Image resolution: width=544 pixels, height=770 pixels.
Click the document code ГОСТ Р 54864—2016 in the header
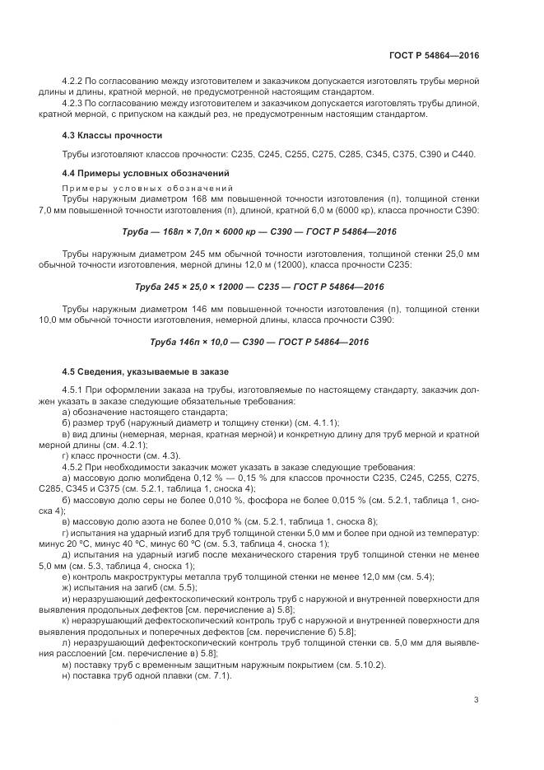click(x=435, y=54)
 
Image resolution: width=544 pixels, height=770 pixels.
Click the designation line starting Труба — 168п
click(x=259, y=232)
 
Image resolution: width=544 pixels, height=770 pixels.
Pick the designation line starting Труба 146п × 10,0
click(x=259, y=342)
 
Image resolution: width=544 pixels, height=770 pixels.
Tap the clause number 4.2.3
click(x=74, y=104)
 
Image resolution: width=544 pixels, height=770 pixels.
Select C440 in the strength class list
click(x=462, y=155)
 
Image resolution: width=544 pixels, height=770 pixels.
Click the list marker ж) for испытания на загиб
click(x=67, y=587)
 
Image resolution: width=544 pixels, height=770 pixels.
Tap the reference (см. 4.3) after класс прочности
click(x=157, y=456)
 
